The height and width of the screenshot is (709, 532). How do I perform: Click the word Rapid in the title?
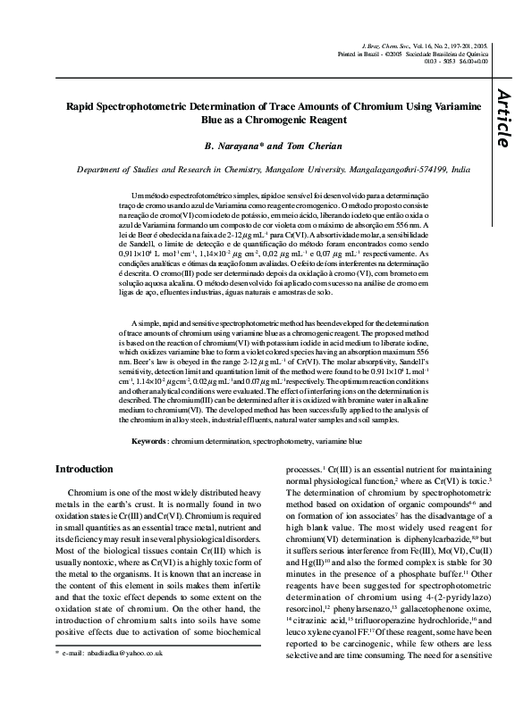(86, 104)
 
